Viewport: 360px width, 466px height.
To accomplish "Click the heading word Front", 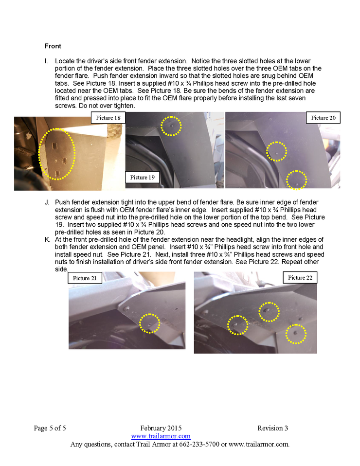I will (53, 46).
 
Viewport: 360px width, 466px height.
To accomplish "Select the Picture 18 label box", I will (108, 118).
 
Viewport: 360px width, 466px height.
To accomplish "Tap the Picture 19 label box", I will (142, 177).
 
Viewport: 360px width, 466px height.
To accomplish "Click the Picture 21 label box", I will (85, 278).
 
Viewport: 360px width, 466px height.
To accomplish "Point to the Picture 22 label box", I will (300, 277).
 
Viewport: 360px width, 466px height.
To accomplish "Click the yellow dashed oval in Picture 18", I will (57, 154).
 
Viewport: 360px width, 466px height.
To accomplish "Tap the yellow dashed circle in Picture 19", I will (171, 126).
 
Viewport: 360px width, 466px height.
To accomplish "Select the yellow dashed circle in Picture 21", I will (149, 323).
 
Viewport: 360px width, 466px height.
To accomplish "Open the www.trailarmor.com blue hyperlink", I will (161, 436).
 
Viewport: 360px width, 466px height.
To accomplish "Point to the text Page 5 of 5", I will (50, 428).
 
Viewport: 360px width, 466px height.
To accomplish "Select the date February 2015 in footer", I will (161, 428).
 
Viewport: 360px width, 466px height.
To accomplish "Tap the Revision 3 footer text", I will (272, 428).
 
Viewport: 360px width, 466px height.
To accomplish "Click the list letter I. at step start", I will (47, 61).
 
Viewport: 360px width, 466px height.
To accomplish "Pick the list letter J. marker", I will (47, 202).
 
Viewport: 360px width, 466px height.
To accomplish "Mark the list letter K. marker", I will (47, 240).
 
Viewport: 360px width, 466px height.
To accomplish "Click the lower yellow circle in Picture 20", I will (297, 180).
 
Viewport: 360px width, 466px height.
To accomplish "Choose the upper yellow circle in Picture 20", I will (276, 151).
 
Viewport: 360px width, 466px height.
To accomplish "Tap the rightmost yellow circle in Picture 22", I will (296, 334).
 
